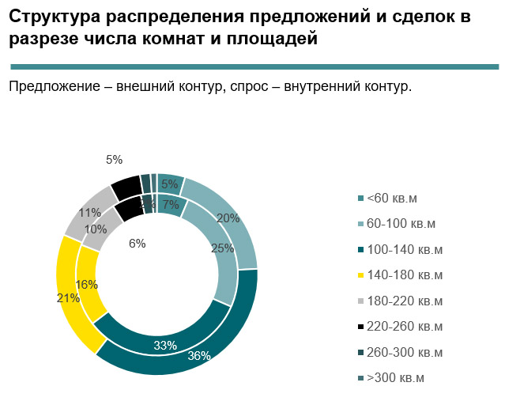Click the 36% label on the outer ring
pyautogui.click(x=198, y=355)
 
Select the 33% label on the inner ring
pyautogui.click(x=164, y=345)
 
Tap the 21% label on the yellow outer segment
pyautogui.click(x=69, y=298)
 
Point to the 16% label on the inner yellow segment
pyautogui.click(x=87, y=285)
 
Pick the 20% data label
pyautogui.click(x=228, y=218)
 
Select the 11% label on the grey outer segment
pyautogui.click(x=89, y=213)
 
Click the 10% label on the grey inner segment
pyautogui.click(x=95, y=229)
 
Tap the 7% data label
pyautogui.click(x=171, y=205)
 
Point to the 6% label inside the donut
pyautogui.click(x=138, y=244)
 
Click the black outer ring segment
pyautogui.click(x=125, y=187)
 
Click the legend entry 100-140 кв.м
pyautogui.click(x=404, y=249)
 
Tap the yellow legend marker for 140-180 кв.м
pyautogui.click(x=360, y=275)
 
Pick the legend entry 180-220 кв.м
pyautogui.click(x=404, y=301)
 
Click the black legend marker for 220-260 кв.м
pyautogui.click(x=360, y=327)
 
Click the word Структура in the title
pyautogui.click(x=55, y=17)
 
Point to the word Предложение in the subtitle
pyautogui.click(x=52, y=86)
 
